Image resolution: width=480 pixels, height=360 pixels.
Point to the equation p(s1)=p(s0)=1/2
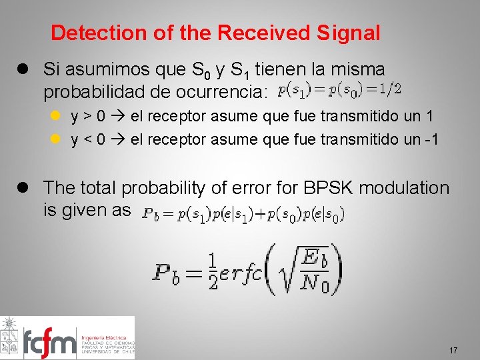pyautogui.click(x=339, y=88)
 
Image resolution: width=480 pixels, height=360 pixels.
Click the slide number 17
pyautogui.click(x=453, y=351)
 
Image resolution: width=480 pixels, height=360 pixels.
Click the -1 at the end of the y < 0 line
pyautogui.click(x=430, y=139)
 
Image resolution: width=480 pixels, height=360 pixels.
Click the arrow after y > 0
pyautogui.click(x=118, y=117)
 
